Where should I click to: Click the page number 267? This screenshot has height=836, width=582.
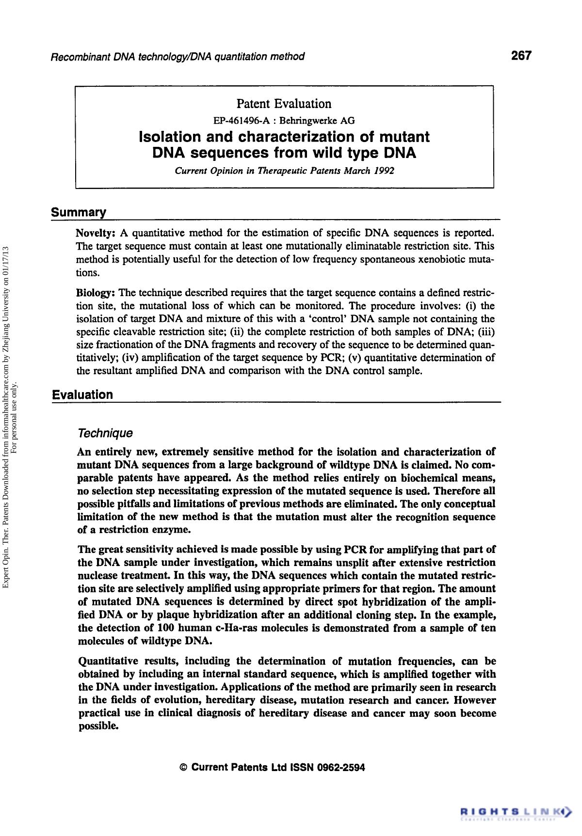point(521,55)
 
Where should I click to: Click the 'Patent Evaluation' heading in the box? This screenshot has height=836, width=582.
point(284,104)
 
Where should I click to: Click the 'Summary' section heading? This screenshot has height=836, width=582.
point(79,213)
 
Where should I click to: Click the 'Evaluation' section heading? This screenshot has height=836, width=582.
point(82,394)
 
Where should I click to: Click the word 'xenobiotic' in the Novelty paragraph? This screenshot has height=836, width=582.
point(439,259)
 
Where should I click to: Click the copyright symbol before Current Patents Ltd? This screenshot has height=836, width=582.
point(183,768)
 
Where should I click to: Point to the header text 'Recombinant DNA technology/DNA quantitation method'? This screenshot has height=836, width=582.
point(178,57)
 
